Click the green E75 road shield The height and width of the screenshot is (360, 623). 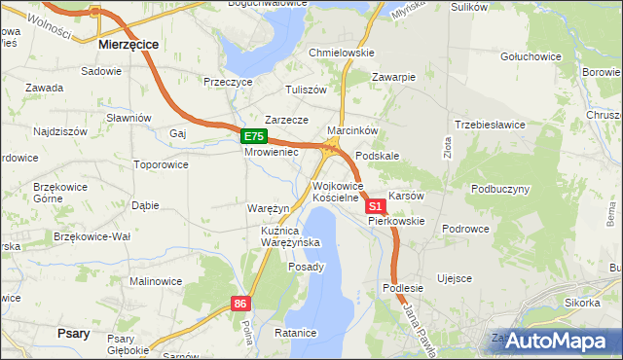coord(253,137)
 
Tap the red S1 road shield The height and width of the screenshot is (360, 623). coord(375,207)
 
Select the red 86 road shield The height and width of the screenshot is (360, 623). coord(241,305)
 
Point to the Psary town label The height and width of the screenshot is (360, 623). coord(74,334)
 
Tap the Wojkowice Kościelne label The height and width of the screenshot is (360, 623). coord(337,192)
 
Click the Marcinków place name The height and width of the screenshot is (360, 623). coord(351,130)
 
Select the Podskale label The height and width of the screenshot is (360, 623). coord(378,156)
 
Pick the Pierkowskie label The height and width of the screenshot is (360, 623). coord(396,221)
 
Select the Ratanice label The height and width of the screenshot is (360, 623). coord(296,333)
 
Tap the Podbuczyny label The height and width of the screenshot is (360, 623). coord(500,189)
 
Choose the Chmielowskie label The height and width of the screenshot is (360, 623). coord(341,53)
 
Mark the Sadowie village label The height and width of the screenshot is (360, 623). coord(101,72)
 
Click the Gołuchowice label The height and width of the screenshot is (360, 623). coord(531,56)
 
